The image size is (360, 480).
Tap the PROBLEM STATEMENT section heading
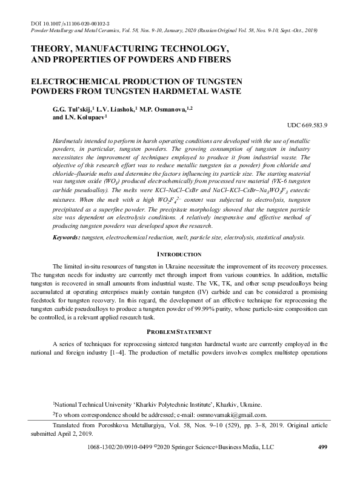(x=179, y=332)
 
